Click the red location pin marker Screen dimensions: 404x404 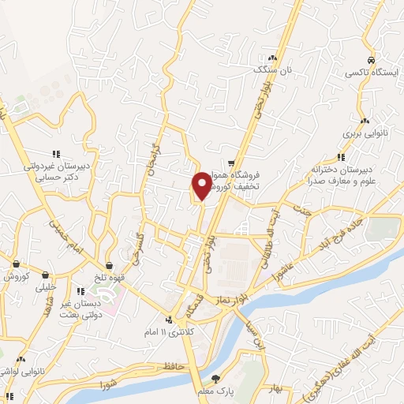[x=202, y=185]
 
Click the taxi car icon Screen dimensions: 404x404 [x=370, y=60]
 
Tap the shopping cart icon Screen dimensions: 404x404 [x=231, y=155]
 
